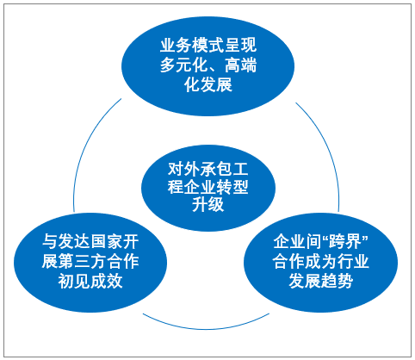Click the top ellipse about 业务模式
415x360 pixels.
pos(207,66)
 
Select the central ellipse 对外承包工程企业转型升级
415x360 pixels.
pos(208,188)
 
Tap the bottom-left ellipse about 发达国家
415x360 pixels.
pos(90,263)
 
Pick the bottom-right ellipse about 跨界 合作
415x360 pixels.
pos(320,263)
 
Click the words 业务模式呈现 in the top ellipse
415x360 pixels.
pos(208,46)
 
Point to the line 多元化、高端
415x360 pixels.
pos(208,65)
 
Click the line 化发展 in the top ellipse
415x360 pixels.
pos(208,84)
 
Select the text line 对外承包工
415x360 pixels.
pos(208,169)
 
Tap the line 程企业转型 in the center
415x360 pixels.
pos(208,187)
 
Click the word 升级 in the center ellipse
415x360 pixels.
pos(208,205)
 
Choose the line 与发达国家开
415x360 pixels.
pos(90,242)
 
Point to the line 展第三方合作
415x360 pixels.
pos(90,261)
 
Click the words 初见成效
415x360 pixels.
pos(90,281)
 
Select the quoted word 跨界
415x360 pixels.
pos(346,242)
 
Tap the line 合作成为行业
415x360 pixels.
pos(320,261)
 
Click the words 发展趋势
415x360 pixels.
pos(320,281)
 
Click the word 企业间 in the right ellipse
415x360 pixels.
pos(297,242)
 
